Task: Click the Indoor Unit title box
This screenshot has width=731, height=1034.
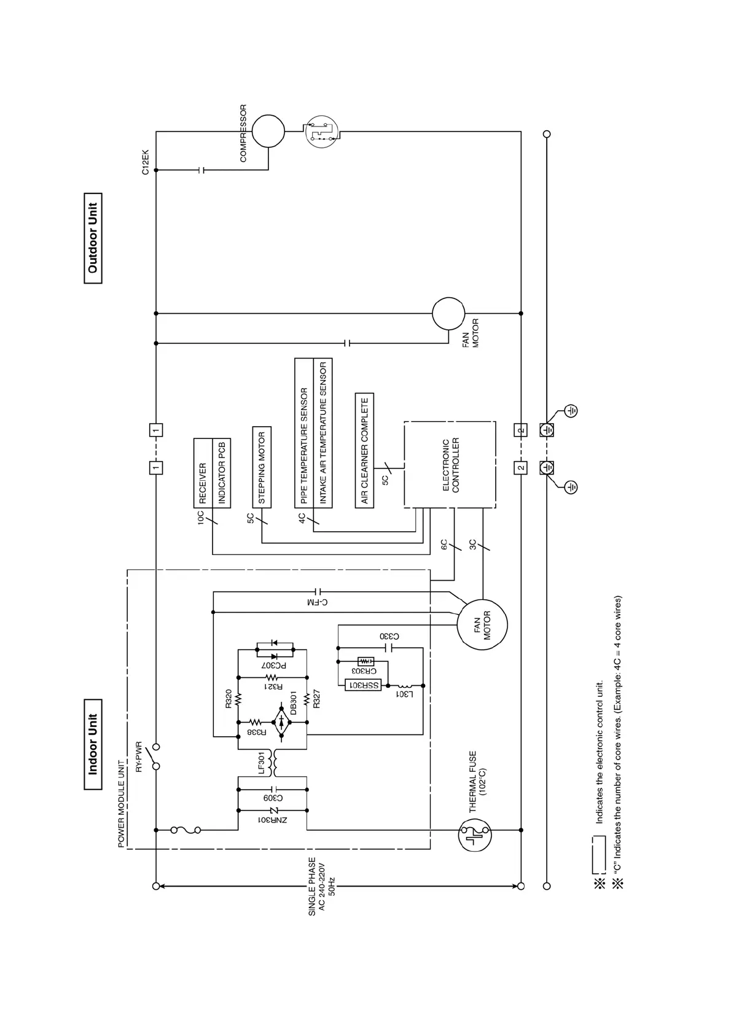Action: tap(93, 744)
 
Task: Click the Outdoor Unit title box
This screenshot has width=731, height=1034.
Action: tap(93, 238)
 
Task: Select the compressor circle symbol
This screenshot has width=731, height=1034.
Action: tap(268, 131)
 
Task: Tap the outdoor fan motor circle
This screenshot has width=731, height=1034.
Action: tap(448, 314)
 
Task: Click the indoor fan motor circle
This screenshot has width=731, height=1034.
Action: tap(482, 624)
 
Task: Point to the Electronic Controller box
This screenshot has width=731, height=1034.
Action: tap(450, 465)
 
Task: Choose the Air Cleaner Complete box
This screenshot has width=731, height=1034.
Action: tap(364, 451)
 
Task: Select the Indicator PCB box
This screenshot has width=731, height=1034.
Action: tap(221, 473)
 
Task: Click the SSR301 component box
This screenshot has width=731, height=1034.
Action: tap(364, 685)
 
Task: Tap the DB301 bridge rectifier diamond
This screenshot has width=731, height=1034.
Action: tap(281, 723)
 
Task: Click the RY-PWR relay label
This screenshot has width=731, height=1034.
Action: tap(138, 756)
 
